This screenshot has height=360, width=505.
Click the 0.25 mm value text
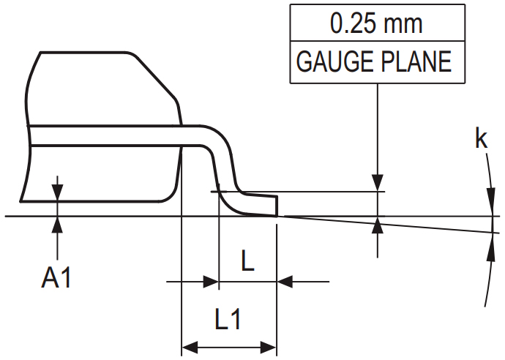point(376,23)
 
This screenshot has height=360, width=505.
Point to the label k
point(481,139)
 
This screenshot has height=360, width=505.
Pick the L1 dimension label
point(228,319)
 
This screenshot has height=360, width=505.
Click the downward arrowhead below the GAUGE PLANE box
point(378,182)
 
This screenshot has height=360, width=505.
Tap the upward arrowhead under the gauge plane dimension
point(378,225)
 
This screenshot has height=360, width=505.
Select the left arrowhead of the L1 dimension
point(190,346)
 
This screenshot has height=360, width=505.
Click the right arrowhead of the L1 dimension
point(268,346)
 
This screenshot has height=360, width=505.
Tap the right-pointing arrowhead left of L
point(211,280)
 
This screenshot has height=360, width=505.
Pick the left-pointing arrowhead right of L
point(285,280)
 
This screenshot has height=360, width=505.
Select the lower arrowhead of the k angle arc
point(489,249)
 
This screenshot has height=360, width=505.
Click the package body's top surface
point(88,53)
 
